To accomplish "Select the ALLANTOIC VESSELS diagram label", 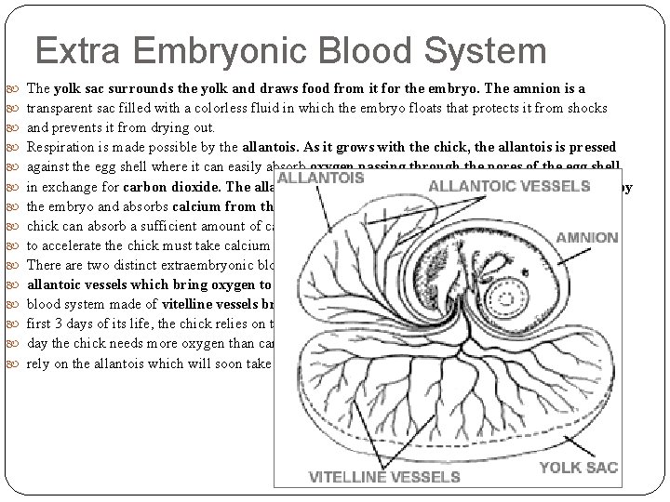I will (510, 186).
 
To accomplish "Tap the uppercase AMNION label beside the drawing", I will (587, 237).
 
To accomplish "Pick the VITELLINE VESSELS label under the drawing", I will (385, 477).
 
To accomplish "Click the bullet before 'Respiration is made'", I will (13, 148).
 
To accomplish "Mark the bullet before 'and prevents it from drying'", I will (13, 128).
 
